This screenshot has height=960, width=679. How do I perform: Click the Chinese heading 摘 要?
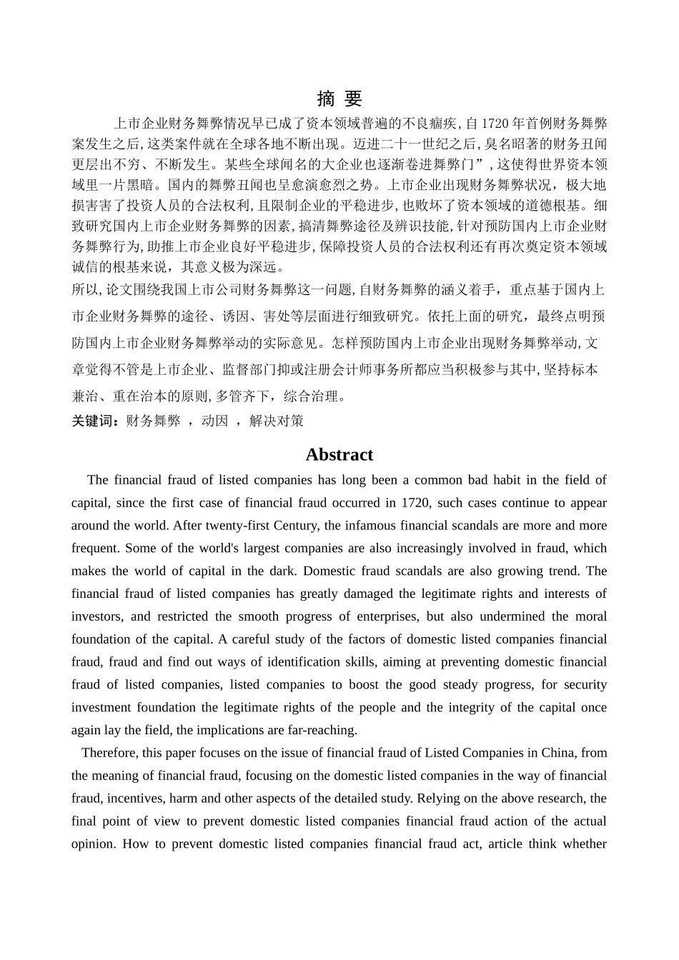[x=339, y=99]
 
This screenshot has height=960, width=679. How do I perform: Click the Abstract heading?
[x=339, y=455]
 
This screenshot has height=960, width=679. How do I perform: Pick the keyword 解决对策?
[x=276, y=421]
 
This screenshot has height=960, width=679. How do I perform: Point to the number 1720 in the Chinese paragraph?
[x=494, y=124]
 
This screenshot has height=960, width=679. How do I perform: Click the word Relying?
[x=415, y=799]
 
